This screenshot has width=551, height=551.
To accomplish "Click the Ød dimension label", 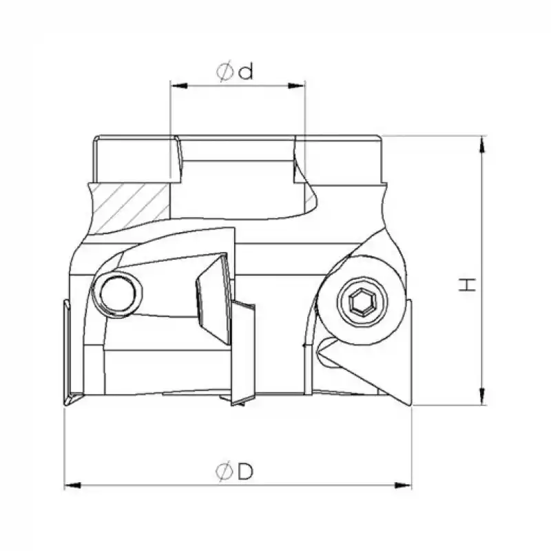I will [x=235, y=72].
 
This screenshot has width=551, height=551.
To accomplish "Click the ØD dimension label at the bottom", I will [x=235, y=472].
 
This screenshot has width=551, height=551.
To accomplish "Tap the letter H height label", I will [x=469, y=284].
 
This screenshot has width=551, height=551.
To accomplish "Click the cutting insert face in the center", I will [x=214, y=296].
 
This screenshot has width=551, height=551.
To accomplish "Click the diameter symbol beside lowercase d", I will [x=225, y=72].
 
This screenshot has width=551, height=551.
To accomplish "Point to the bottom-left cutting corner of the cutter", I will [x=72, y=402].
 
